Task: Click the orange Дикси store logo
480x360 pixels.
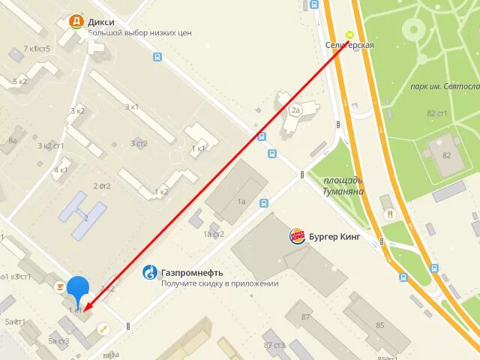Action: [76, 22]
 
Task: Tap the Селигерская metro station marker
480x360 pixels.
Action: [349, 34]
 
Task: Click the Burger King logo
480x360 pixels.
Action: [297, 237]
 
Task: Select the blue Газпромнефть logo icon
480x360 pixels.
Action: [151, 273]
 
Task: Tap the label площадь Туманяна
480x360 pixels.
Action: [343, 185]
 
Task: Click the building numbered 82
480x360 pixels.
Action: [447, 155]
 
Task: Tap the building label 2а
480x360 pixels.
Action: [295, 110]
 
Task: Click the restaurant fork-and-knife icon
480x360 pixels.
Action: [389, 214]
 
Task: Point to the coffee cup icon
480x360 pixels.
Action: [59, 286]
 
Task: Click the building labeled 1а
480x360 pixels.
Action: [241, 201]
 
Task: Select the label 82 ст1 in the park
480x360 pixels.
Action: [437, 113]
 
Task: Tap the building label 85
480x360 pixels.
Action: [380, 325]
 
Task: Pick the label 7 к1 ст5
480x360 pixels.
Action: [37, 49]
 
